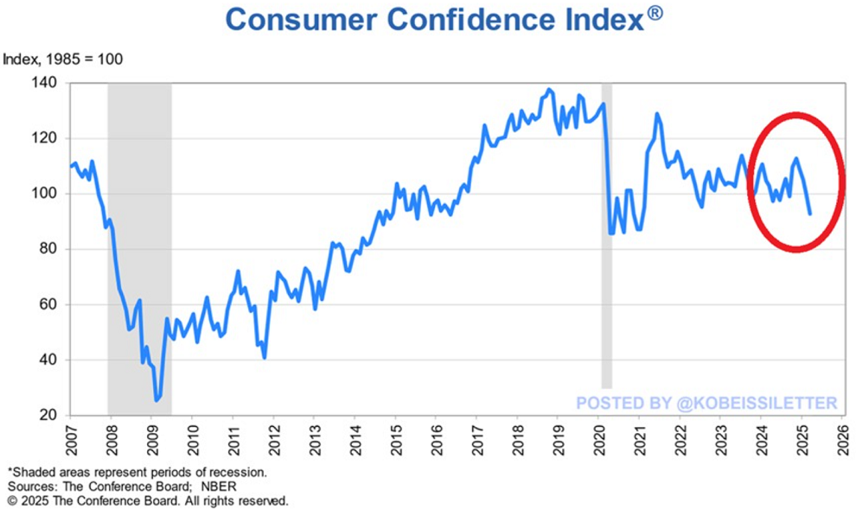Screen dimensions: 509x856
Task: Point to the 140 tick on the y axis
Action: tap(45, 83)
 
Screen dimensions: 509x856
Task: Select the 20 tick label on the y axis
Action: tap(48, 415)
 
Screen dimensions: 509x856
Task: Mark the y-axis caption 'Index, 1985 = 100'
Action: tap(63, 60)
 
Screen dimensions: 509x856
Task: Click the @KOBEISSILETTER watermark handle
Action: tap(757, 403)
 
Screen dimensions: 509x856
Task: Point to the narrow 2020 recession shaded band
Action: tap(607, 233)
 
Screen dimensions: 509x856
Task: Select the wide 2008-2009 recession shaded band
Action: tap(139, 251)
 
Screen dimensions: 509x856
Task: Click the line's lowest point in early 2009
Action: tap(157, 400)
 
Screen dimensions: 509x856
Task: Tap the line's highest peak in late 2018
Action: tap(550, 89)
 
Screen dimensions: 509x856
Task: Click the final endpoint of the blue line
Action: tap(809, 213)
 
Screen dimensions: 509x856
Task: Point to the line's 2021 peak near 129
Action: tap(657, 113)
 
